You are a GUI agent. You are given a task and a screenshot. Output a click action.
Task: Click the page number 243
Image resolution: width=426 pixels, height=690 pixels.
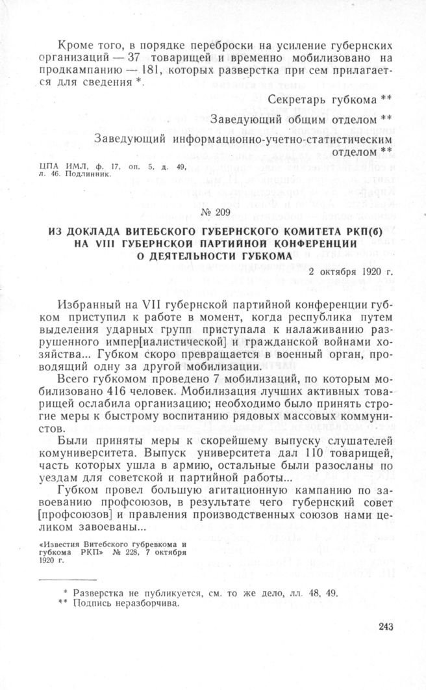(386, 627)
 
